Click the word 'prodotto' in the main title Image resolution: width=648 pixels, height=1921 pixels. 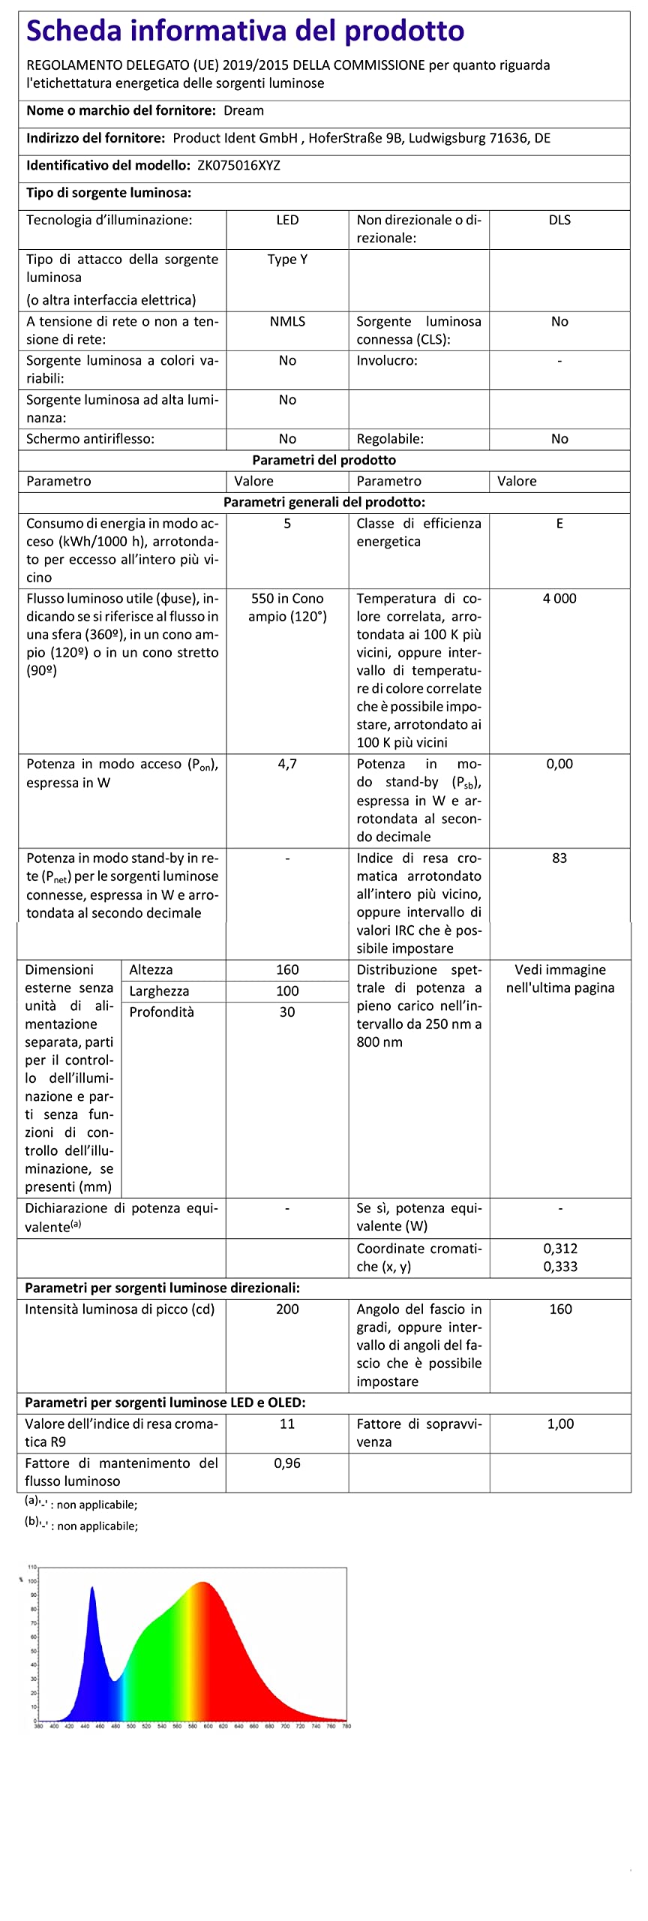pos(403,31)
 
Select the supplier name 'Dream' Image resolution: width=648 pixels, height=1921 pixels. pos(244,111)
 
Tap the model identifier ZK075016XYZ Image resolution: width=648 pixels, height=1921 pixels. pos(238,166)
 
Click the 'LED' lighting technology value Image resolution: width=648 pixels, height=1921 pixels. pos(287,221)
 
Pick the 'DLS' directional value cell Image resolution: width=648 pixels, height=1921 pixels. pos(559,221)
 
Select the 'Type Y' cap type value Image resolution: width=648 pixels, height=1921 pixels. pos(287,260)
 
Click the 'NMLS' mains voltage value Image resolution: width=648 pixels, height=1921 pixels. pos(287,322)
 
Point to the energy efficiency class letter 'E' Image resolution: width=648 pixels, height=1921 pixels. pos(559,524)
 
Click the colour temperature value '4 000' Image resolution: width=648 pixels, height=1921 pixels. pos(559,599)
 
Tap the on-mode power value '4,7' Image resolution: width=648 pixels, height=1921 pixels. pos(287,764)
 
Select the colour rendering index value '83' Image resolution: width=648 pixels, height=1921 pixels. pos(559,858)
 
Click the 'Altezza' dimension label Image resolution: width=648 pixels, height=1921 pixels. pos(151,970)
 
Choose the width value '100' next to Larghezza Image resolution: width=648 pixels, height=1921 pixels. pos(287,991)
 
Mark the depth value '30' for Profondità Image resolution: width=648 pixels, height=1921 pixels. pos(287,1012)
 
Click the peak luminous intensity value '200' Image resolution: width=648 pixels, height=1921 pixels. pos(287,1309)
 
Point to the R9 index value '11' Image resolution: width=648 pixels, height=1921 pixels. pos(287,1424)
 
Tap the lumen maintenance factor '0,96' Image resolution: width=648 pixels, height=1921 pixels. pos(287,1463)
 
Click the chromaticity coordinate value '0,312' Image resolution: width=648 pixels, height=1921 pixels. pos(560,1249)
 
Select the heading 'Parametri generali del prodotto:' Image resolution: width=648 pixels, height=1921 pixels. pos(324,503)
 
